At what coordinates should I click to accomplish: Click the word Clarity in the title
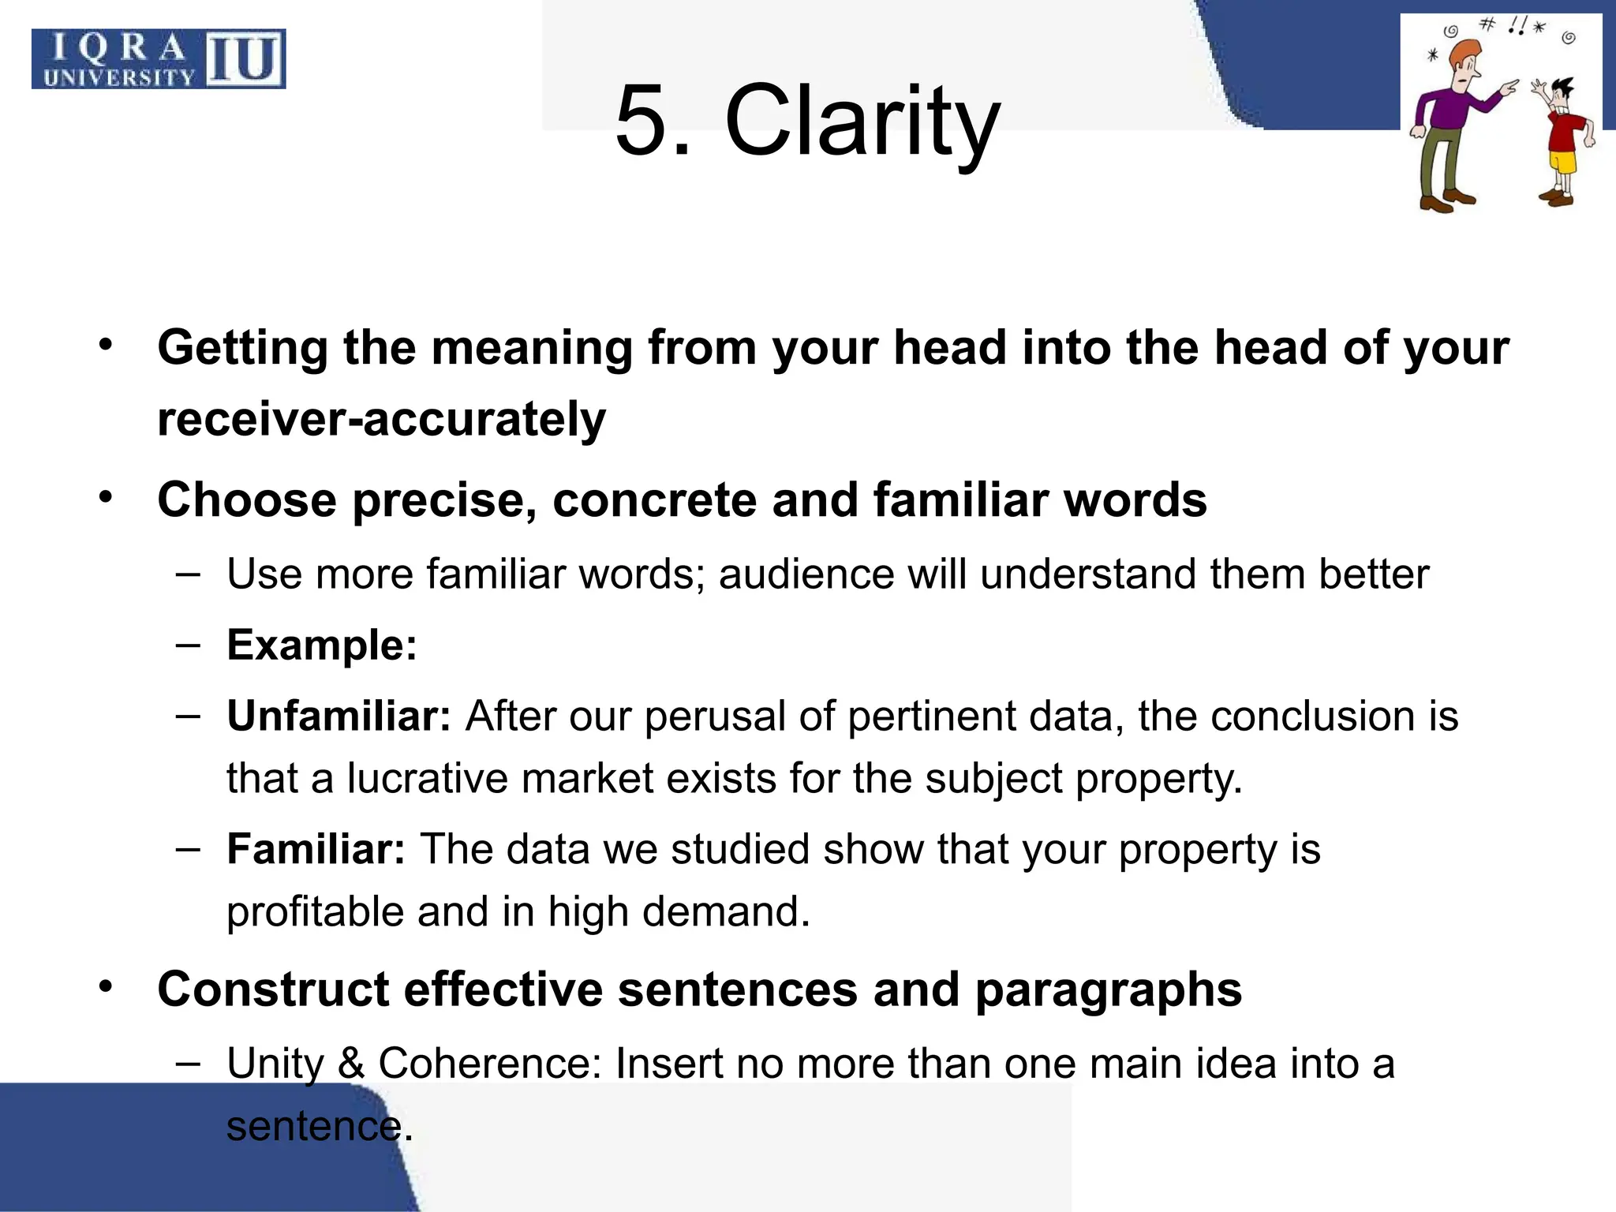coord(862,122)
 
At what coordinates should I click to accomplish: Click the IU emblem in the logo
coord(245,58)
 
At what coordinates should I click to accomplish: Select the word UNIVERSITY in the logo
coord(119,77)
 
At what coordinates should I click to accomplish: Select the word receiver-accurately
coord(381,419)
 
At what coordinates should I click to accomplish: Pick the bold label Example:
coord(322,645)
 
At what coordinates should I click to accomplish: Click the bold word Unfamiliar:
coord(339,716)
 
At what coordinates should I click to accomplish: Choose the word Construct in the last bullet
coord(273,989)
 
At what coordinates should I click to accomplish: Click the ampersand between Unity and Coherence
coord(351,1063)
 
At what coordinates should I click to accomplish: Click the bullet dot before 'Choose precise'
coord(107,498)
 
